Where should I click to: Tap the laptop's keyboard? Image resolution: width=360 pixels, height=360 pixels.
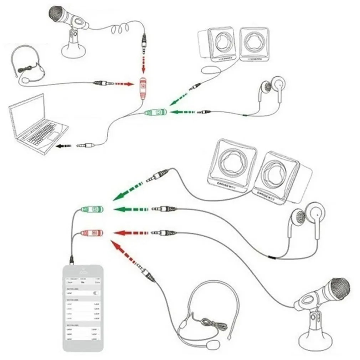pyautogui.click(x=37, y=132)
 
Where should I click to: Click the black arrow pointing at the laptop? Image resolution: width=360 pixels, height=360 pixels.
pyautogui.click(x=64, y=146)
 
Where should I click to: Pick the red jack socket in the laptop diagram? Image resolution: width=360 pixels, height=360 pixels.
pyautogui.click(x=142, y=88)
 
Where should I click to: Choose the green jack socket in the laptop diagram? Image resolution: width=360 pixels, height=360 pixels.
pyautogui.click(x=155, y=113)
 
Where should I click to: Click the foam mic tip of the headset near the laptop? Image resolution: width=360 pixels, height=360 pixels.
pyautogui.click(x=26, y=80)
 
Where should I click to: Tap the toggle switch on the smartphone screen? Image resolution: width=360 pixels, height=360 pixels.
pyautogui.click(x=95, y=293)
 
